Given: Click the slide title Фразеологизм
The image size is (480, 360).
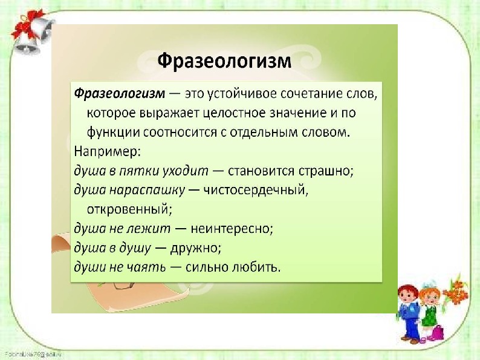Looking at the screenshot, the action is pyautogui.click(x=224, y=61).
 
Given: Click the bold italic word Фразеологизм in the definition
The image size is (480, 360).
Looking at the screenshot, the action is pyautogui.click(x=119, y=94).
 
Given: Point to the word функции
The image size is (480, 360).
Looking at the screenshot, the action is pyautogui.click(x=113, y=133).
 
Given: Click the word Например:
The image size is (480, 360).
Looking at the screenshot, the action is pyautogui.click(x=108, y=152).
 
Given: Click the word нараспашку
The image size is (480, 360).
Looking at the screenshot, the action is pyautogui.click(x=148, y=191).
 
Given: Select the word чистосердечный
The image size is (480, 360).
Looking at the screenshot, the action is pyautogui.click(x=256, y=190).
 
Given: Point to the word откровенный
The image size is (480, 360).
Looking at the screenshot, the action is pyautogui.click(x=129, y=209).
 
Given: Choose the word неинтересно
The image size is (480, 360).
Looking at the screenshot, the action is pyautogui.click(x=232, y=229).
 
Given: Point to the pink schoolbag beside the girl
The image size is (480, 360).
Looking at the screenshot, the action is pyautogui.click(x=437, y=333).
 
